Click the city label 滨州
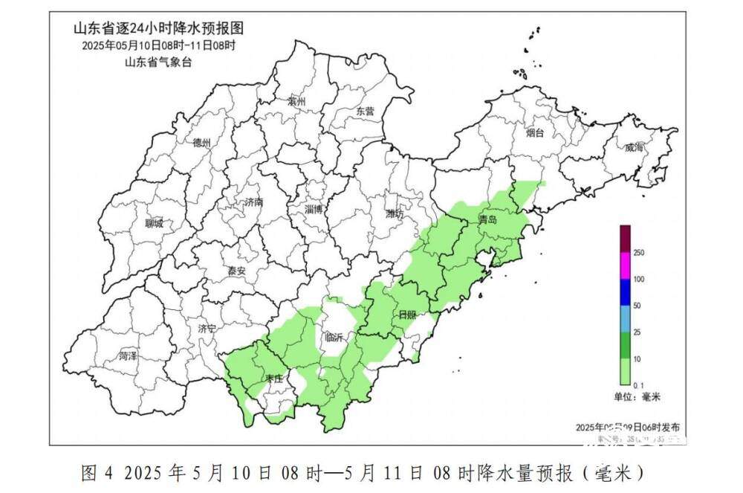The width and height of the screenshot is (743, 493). [296, 102]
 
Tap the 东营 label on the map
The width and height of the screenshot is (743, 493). [365, 111]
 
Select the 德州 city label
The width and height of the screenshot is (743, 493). [201, 143]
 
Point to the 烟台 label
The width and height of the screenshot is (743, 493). [535, 133]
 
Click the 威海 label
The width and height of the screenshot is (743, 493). [635, 148]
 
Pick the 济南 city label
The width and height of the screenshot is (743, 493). [253, 202]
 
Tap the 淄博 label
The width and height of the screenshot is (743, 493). [314, 210]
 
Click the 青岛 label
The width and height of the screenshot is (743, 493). [488, 220]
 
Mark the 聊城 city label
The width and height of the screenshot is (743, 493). [154, 223]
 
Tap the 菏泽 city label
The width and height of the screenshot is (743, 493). [128, 357]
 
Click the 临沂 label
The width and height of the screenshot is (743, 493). [334, 338]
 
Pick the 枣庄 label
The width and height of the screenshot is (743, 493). [273, 379]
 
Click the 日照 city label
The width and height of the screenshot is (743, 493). [408, 315]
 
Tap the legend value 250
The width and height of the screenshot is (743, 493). [638, 254]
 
